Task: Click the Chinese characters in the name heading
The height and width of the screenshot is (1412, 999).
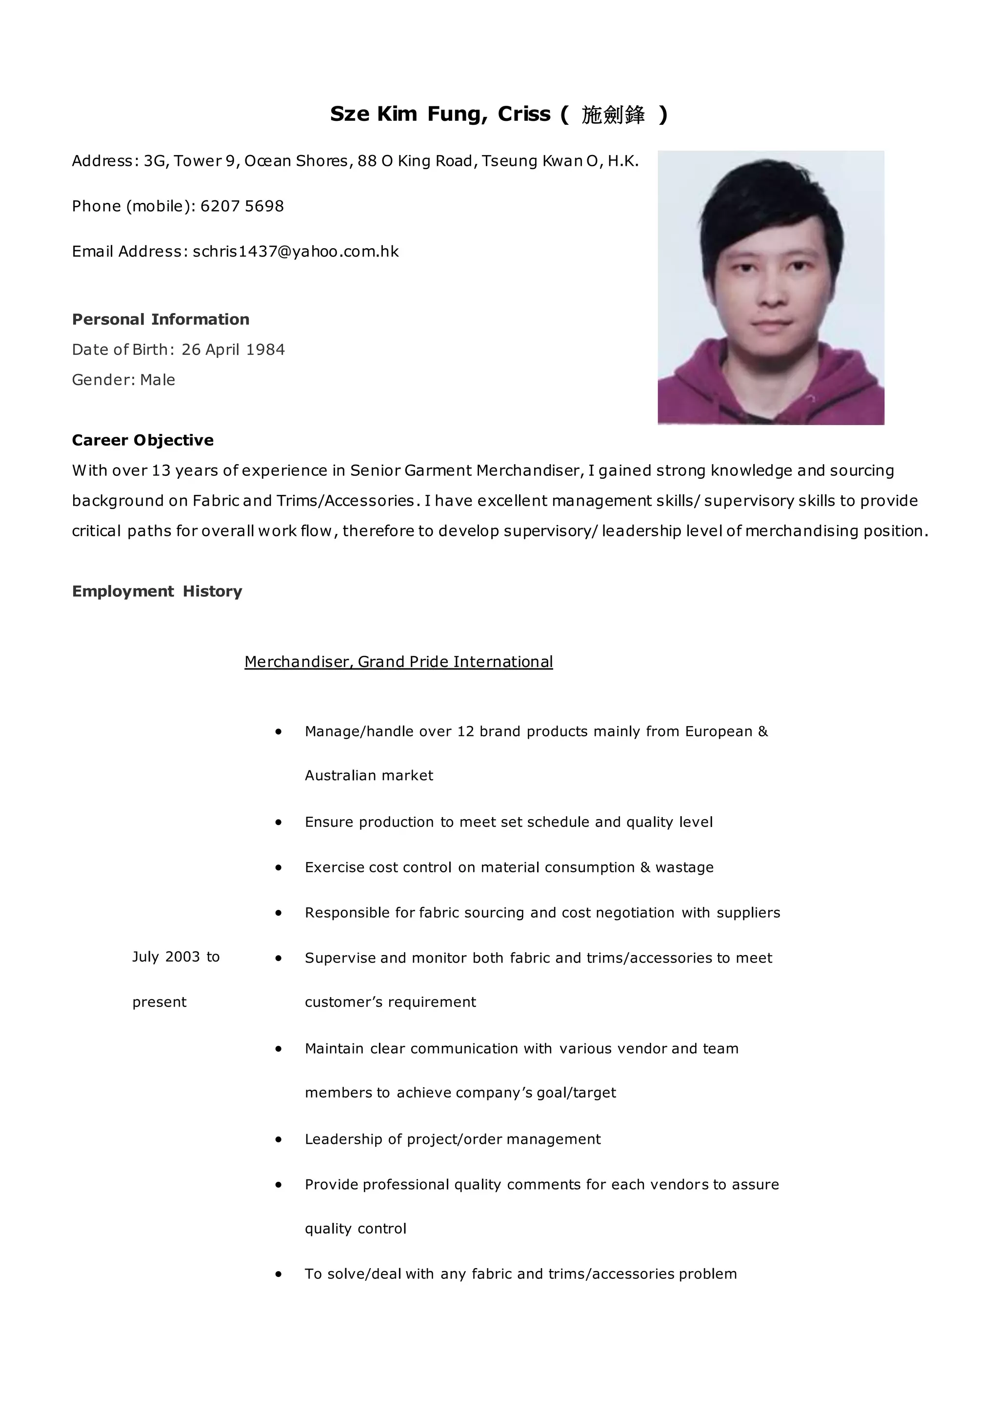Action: pyautogui.click(x=613, y=115)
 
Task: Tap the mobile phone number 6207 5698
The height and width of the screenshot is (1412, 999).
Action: pyautogui.click(x=242, y=206)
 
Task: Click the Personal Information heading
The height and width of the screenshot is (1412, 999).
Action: pyautogui.click(x=160, y=319)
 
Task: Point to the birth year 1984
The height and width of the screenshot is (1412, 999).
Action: pyautogui.click(x=265, y=349)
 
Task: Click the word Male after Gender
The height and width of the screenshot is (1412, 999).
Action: pyautogui.click(x=158, y=380)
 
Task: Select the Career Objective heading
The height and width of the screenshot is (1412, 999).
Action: pyautogui.click(x=143, y=440)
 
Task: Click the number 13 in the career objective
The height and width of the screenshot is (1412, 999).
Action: pyautogui.click(x=160, y=471)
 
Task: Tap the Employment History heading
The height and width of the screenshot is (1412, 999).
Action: pyautogui.click(x=157, y=591)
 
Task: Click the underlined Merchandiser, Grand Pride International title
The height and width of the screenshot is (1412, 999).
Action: pyautogui.click(x=399, y=662)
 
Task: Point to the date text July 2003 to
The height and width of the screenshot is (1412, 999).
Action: pyautogui.click(x=176, y=957)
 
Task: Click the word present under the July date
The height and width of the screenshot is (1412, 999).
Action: pyautogui.click(x=160, y=1002)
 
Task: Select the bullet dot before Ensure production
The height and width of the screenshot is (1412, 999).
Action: pyautogui.click(x=279, y=822)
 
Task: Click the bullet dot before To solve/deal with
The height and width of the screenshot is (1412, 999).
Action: pyautogui.click(x=279, y=1274)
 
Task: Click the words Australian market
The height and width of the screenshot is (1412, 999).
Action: pyautogui.click(x=368, y=776)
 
